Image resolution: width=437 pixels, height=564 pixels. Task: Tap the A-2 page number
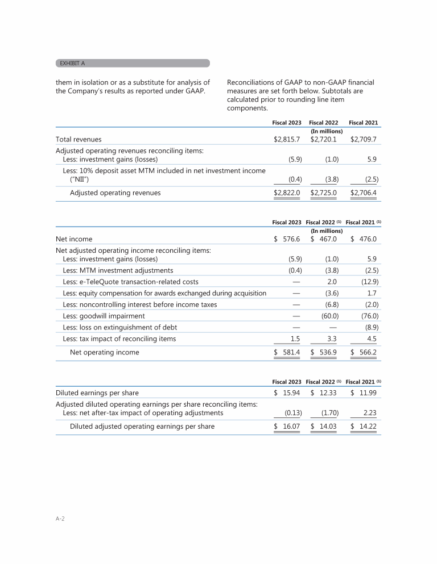coord(59,519)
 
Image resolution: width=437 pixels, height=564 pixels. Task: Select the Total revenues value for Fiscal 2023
coord(287,139)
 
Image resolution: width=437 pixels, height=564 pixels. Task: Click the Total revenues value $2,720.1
coord(325,139)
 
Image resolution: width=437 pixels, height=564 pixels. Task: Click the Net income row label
coord(74,239)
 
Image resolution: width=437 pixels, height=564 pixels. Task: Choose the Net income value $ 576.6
coord(287,239)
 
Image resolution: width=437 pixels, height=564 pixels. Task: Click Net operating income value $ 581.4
coord(287,352)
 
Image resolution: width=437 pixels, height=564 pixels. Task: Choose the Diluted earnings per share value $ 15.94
coord(287,392)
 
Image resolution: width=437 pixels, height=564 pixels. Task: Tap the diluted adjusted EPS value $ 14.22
coord(364,426)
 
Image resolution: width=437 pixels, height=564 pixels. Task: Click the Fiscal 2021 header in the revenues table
coord(363,122)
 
